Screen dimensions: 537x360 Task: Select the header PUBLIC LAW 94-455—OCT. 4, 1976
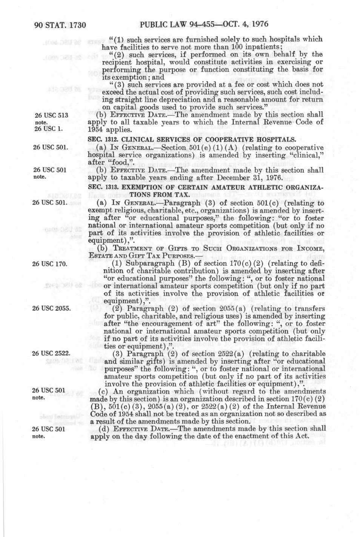click(204, 25)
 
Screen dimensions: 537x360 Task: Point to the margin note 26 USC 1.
click(49, 129)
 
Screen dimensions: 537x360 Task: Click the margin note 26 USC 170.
click(50, 263)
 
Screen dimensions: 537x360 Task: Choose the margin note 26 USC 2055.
click(52, 308)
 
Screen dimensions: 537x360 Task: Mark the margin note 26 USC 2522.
click(51, 353)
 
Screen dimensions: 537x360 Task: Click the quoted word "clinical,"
click(308, 155)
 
